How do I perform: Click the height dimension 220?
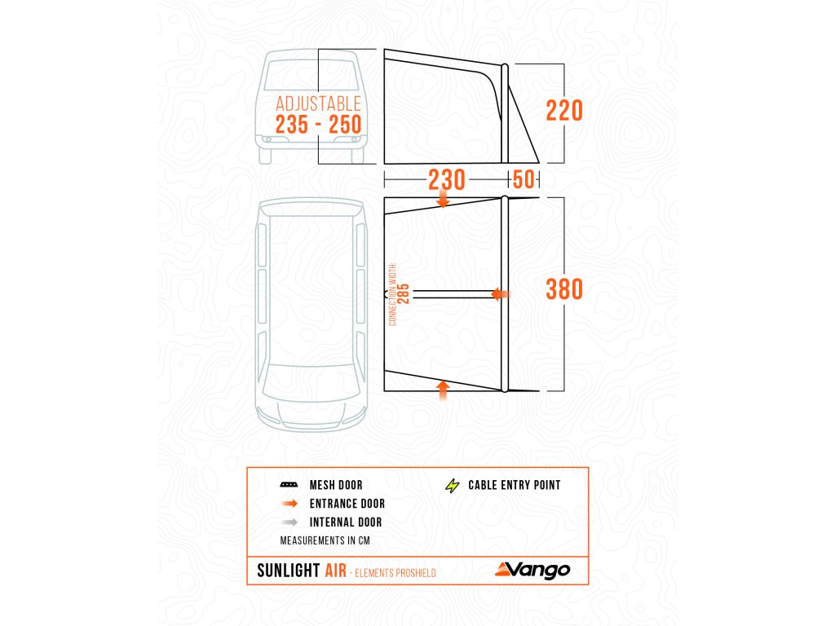[x=563, y=110]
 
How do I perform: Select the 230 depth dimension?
[x=447, y=179]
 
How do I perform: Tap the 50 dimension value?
[x=523, y=179]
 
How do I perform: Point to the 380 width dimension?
[x=564, y=289]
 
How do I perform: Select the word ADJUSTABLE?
[x=318, y=104]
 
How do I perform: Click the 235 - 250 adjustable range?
[x=318, y=126]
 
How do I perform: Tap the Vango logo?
[x=531, y=569]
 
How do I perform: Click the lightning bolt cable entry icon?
[x=452, y=486]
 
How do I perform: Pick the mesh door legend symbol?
[x=288, y=486]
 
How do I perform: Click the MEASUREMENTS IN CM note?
[x=325, y=540]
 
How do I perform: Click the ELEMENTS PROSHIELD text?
[x=395, y=573]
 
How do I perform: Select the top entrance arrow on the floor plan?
[x=443, y=199]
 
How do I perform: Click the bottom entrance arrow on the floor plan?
[x=443, y=389]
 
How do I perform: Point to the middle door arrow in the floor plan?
[x=501, y=294]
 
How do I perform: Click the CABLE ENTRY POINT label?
[x=514, y=486]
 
